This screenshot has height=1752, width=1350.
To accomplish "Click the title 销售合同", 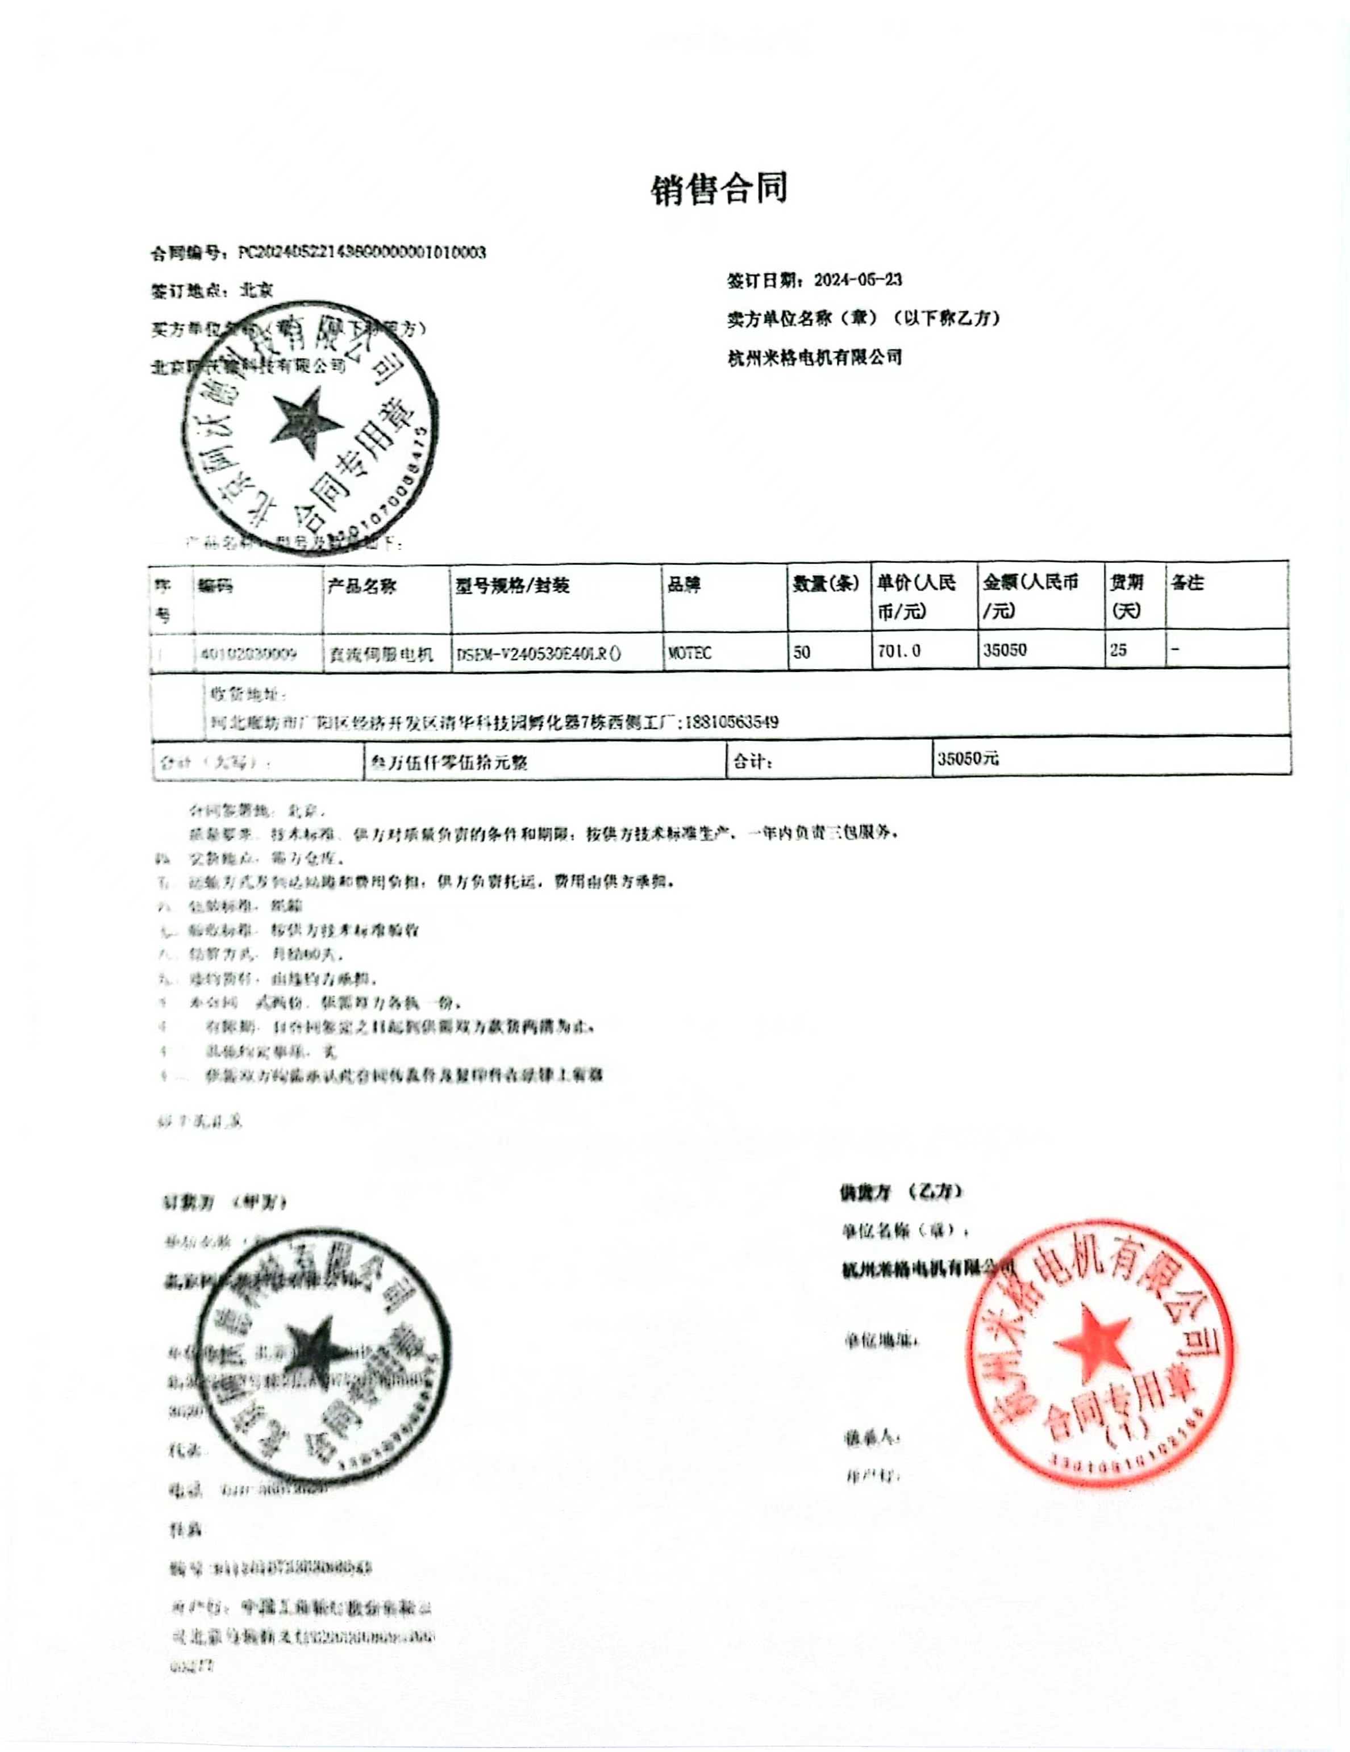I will [x=719, y=189].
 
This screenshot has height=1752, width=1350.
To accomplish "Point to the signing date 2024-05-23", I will [x=857, y=280].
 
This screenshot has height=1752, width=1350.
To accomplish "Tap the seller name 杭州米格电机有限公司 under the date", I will [x=814, y=358].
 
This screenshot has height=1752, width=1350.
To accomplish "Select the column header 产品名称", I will [x=362, y=586].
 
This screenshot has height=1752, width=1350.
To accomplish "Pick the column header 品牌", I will [x=684, y=585].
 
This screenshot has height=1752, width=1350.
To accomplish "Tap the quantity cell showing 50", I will [x=802, y=652].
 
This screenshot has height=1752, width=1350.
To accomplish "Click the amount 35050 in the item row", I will [x=1005, y=650].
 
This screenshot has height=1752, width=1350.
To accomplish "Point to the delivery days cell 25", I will [x=1118, y=650].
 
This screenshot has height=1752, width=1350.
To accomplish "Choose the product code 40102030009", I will [x=249, y=654].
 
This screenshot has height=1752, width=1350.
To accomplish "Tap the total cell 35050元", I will [x=968, y=758].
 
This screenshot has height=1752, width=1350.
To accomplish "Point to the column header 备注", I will [x=1186, y=583].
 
